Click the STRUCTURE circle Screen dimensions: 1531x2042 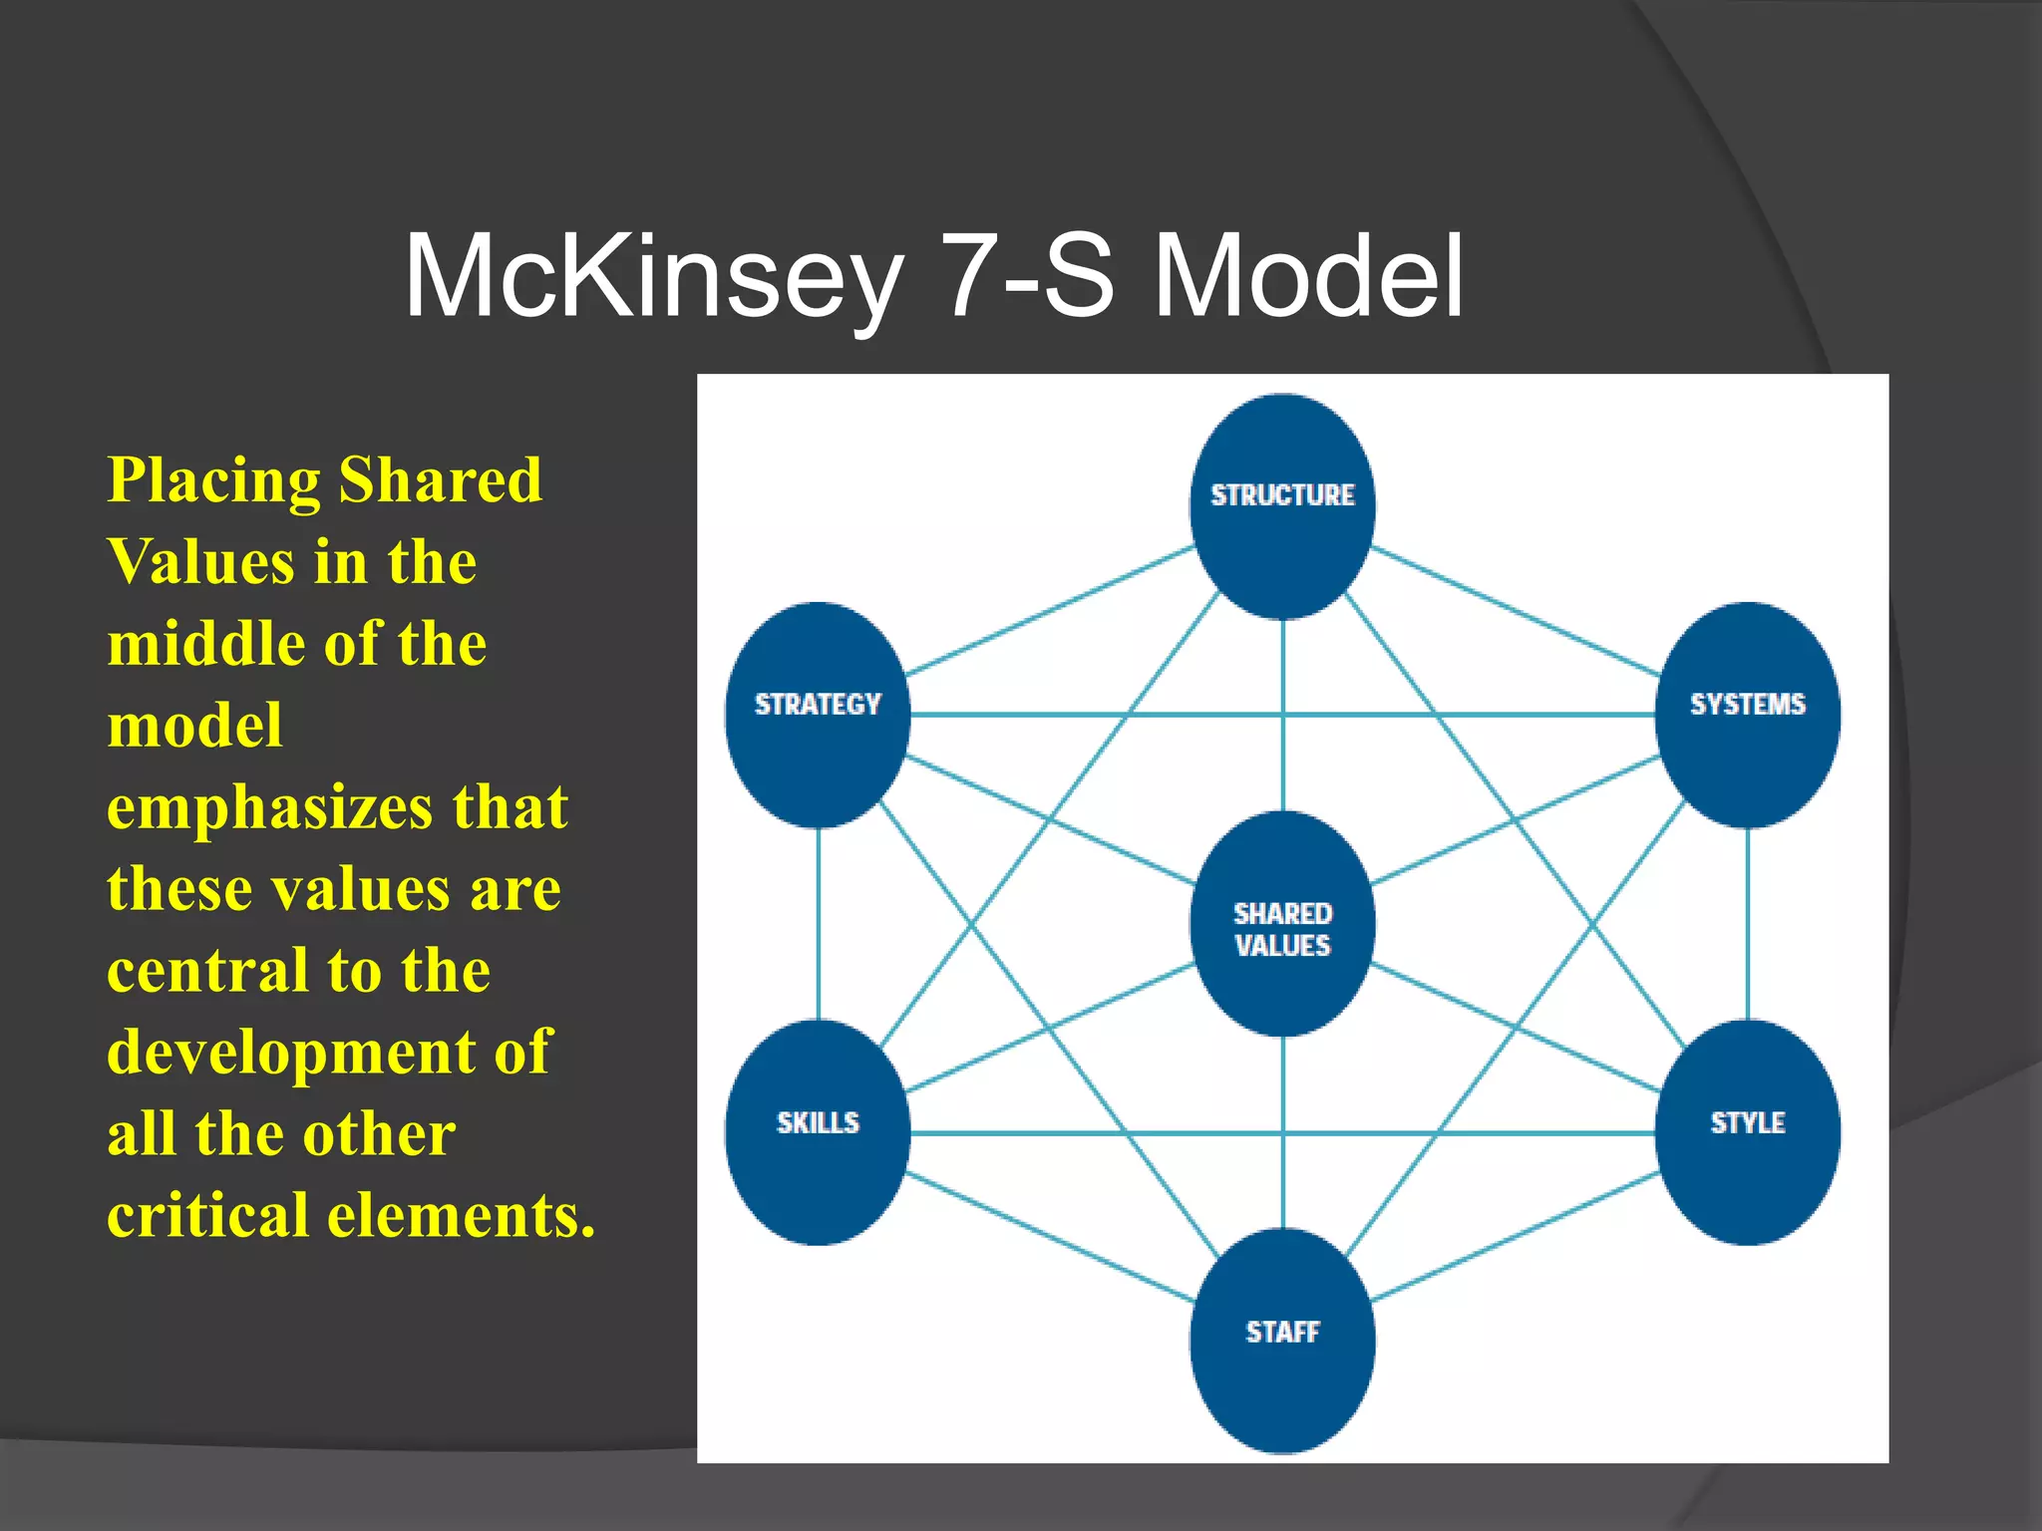[x=1282, y=506]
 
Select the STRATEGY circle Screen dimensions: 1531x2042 [x=818, y=715]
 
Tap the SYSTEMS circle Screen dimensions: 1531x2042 [x=1747, y=715]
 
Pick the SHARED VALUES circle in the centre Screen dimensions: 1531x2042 [x=1282, y=925]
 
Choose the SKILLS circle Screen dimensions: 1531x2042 [x=818, y=1132]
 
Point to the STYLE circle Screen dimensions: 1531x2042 [x=1747, y=1132]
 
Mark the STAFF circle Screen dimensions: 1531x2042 [x=1282, y=1341]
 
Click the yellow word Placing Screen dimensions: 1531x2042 [x=213, y=482]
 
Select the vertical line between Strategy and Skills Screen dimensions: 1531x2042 [x=819, y=924]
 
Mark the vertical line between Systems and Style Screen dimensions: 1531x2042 [x=1748, y=924]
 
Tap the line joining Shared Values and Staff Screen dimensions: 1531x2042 [x=1283, y=1132]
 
